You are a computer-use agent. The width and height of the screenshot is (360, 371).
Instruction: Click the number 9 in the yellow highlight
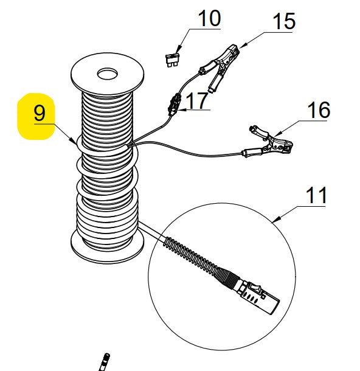[x=40, y=114]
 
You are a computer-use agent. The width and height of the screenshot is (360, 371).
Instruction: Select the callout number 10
[x=209, y=18]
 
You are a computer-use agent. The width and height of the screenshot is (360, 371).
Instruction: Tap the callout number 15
[x=283, y=21]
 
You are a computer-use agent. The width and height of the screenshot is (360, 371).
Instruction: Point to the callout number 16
[x=319, y=110]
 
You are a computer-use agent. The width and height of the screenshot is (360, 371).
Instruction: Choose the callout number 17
[x=197, y=101]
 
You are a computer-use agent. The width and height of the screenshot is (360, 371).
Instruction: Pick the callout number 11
[x=316, y=196]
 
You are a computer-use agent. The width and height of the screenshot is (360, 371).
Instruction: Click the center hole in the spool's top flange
[x=108, y=75]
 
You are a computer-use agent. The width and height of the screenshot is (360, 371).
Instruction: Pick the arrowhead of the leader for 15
[x=241, y=46]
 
